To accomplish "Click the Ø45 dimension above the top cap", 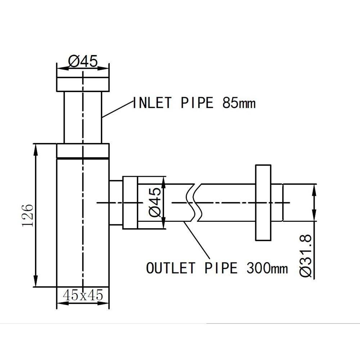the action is [83, 62].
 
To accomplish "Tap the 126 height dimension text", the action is [28, 215].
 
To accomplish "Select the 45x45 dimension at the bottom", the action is [83, 295].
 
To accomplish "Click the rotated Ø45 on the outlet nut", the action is [155, 202].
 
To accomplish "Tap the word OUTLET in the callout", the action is [171, 268].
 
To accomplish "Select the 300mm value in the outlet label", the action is [267, 268].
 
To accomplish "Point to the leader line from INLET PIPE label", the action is [117, 110].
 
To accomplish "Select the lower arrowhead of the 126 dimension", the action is [35, 283].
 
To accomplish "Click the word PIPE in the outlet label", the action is [221, 268].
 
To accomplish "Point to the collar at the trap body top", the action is [83, 151].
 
